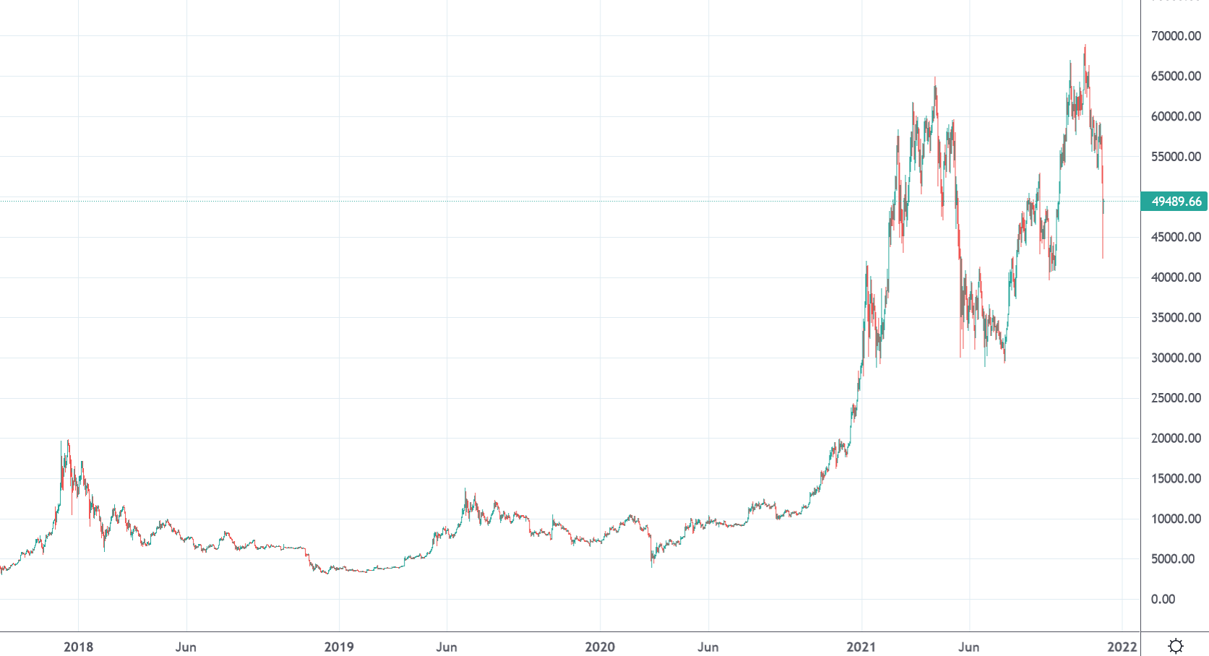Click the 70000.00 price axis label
1176,36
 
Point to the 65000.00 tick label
1176,77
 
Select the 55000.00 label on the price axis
1176,157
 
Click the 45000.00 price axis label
1176,237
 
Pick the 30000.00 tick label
1176,358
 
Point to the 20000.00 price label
1176,439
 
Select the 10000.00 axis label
1176,519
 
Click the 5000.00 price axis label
1173,559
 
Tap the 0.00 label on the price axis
1163,599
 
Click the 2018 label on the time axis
78,647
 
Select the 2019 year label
339,647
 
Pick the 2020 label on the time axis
600,647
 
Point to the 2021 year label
861,647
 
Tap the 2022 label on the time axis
1122,647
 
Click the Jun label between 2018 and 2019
186,647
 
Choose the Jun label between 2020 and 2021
707,647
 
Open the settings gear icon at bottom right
1176,646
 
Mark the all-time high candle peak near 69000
1085,46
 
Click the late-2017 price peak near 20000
68,441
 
